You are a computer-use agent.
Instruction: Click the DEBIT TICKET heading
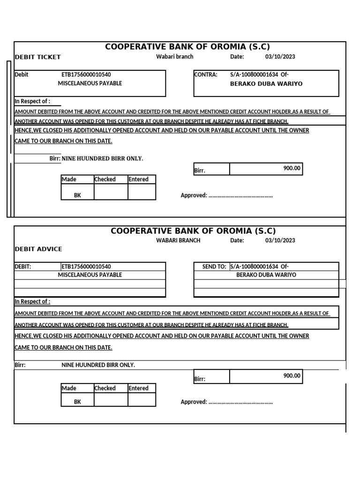coord(38,57)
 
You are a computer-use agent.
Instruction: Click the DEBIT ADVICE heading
coord(38,249)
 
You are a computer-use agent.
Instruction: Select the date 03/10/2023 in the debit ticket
coord(280,57)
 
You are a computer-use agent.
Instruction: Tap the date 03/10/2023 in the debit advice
coord(280,240)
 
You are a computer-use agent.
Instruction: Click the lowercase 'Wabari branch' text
coord(174,57)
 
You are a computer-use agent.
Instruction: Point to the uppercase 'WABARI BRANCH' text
coord(178,240)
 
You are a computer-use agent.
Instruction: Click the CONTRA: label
coord(205,75)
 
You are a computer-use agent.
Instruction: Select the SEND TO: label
coord(214,267)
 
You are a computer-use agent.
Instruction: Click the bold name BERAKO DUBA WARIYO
coord(266,84)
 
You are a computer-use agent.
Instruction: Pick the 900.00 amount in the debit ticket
coord(292,168)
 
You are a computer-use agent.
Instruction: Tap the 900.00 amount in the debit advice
coord(292,375)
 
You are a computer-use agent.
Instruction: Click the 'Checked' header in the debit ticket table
coord(105,180)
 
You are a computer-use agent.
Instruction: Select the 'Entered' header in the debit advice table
coord(138,388)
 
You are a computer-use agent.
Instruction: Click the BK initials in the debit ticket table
coord(77,195)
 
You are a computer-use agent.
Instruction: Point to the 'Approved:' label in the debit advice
coord(194,402)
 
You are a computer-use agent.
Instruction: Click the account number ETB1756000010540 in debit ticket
coord(86,75)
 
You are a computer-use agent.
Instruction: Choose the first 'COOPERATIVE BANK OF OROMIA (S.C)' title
coord(187,46)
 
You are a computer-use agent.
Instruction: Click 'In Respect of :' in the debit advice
coord(32,301)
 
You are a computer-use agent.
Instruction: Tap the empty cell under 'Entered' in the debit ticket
coord(142,192)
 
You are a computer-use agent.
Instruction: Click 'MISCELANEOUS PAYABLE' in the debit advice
coord(90,275)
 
